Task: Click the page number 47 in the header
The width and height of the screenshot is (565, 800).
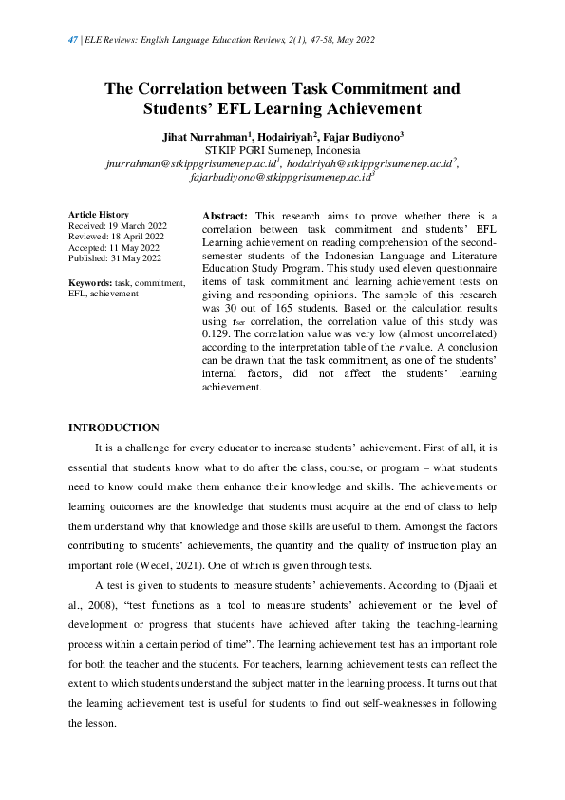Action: (x=73, y=39)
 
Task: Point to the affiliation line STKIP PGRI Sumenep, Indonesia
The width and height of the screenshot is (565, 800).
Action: (x=282, y=149)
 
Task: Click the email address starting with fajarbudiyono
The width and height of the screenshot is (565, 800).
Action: (x=281, y=176)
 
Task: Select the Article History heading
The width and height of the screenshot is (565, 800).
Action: (x=100, y=215)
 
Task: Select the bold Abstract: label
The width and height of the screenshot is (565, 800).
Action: (x=226, y=217)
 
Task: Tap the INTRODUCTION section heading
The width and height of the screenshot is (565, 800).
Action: (x=114, y=428)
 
